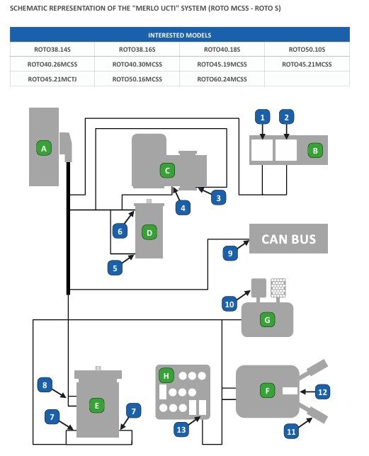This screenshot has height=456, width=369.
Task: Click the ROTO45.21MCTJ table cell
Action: [x=52, y=79]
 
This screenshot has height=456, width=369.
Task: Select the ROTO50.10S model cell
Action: [x=307, y=50]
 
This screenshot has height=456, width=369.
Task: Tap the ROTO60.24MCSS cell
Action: [x=222, y=79]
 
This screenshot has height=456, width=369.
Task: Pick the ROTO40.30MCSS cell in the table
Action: [x=137, y=64]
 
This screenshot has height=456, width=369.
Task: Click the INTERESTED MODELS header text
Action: [x=180, y=35]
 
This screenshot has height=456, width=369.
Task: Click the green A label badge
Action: [x=44, y=148]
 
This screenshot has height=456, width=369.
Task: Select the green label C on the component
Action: [x=167, y=171]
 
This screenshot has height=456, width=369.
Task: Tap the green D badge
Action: [x=149, y=233]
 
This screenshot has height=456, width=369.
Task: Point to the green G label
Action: [x=267, y=320]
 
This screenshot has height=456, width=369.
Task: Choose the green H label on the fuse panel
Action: [x=166, y=376]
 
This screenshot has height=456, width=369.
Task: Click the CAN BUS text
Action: [x=288, y=239]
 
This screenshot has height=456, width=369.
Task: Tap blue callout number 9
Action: [x=230, y=253]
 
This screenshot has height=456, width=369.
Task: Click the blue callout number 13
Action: [x=181, y=430]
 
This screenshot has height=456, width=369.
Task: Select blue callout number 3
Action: [x=218, y=198]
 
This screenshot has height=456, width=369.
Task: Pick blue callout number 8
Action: [x=45, y=385]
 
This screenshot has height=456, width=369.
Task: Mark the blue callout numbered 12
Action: [x=322, y=392]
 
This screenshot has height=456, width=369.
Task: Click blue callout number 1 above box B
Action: [x=263, y=118]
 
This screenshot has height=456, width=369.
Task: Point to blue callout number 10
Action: [x=229, y=304]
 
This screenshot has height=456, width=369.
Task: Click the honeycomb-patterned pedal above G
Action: [x=278, y=288]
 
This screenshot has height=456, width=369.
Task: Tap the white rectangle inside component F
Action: [x=290, y=391]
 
